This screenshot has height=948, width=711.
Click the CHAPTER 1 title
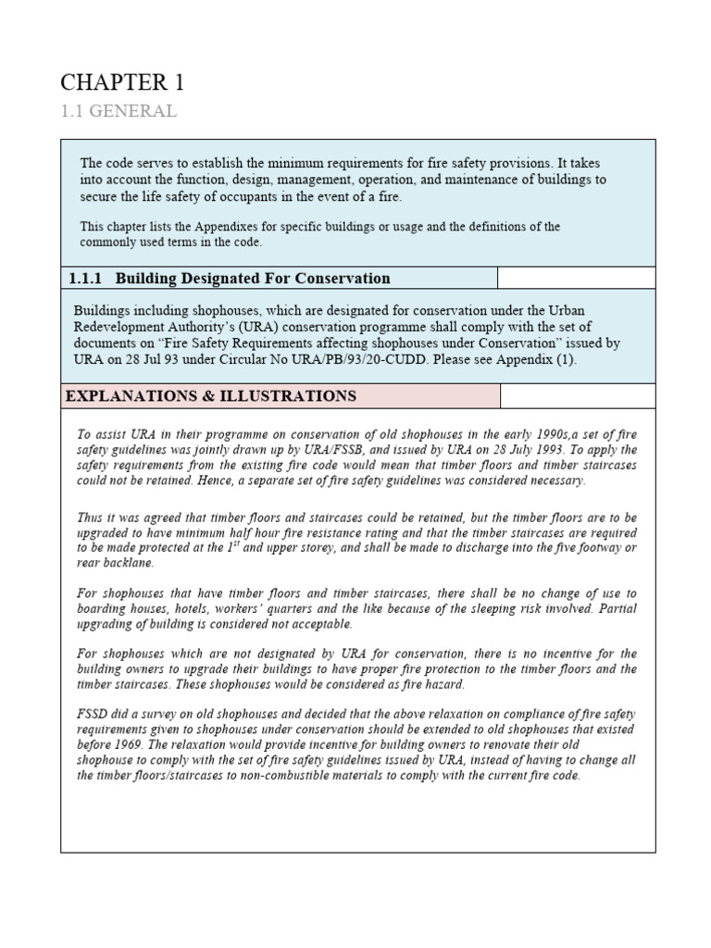[x=122, y=82]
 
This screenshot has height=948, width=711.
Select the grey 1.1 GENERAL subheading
[x=118, y=111]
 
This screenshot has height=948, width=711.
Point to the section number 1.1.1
[x=87, y=279]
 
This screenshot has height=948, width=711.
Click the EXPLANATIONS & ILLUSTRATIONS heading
[x=210, y=396]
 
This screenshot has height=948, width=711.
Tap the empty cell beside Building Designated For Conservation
[x=576, y=279]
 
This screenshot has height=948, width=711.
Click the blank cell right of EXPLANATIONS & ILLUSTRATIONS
[x=577, y=396]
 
